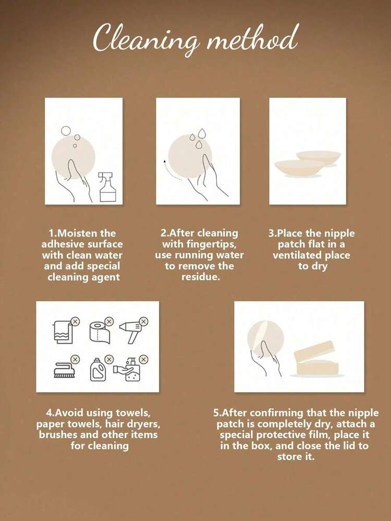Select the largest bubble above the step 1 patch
pyautogui.click(x=66, y=130)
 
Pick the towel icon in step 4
pyautogui.click(x=62, y=332)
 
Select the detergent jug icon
pyautogui.click(x=97, y=369)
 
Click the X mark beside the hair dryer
pyautogui.click(x=143, y=322)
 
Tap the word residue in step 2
pyautogui.click(x=200, y=277)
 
